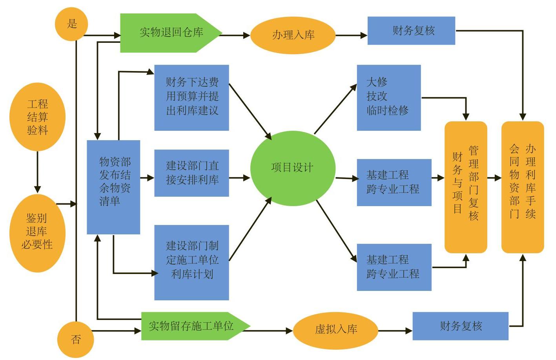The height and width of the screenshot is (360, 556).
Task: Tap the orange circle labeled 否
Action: [x=76, y=339]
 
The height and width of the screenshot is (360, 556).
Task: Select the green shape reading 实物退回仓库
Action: [x=171, y=33]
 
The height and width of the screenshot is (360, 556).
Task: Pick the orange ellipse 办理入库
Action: [x=293, y=35]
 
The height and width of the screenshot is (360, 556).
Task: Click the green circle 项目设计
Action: [x=293, y=168]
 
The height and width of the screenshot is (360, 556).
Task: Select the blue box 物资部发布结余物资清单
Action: [x=113, y=187]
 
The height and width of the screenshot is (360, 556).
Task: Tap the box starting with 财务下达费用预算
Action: [x=191, y=97]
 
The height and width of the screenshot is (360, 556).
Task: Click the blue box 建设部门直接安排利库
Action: [x=191, y=173]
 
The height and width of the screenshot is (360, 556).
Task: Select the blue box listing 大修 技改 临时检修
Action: [x=388, y=97]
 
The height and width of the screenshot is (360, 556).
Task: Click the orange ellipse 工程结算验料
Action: [x=37, y=117]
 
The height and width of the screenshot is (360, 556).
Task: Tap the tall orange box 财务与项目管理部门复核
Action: [x=465, y=187]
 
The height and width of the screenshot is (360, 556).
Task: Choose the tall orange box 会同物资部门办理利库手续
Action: [x=522, y=187]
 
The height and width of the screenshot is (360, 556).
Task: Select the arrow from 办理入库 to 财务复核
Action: [x=351, y=35]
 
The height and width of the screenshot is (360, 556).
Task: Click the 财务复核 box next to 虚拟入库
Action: [x=460, y=326]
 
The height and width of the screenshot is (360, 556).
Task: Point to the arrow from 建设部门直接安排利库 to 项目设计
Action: [x=239, y=178]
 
